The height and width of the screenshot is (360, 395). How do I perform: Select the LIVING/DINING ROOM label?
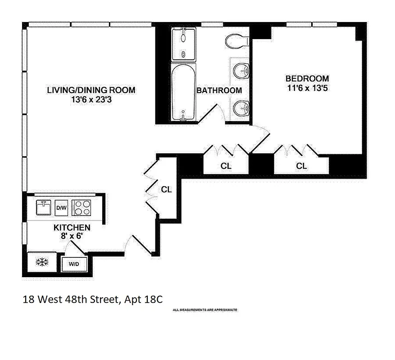(91, 90)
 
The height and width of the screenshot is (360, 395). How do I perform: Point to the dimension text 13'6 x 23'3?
(91, 100)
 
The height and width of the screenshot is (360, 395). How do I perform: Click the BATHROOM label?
(219, 90)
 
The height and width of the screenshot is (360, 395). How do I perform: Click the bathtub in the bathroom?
(183, 92)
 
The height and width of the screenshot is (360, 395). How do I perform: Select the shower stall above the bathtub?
(183, 44)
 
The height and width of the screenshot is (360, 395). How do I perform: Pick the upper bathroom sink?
(241, 71)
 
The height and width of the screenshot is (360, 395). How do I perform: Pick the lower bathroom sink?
(241, 107)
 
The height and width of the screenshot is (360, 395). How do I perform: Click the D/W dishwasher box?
(62, 207)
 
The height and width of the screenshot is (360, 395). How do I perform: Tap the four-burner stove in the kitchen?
(82, 207)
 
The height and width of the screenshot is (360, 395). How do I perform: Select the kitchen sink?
(45, 207)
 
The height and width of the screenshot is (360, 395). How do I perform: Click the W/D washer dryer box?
(74, 264)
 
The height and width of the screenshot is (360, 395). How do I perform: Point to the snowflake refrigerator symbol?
(42, 262)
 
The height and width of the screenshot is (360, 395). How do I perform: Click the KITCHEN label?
(72, 227)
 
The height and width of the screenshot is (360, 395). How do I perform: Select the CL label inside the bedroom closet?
(301, 166)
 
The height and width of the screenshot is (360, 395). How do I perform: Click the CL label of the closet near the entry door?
(166, 189)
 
